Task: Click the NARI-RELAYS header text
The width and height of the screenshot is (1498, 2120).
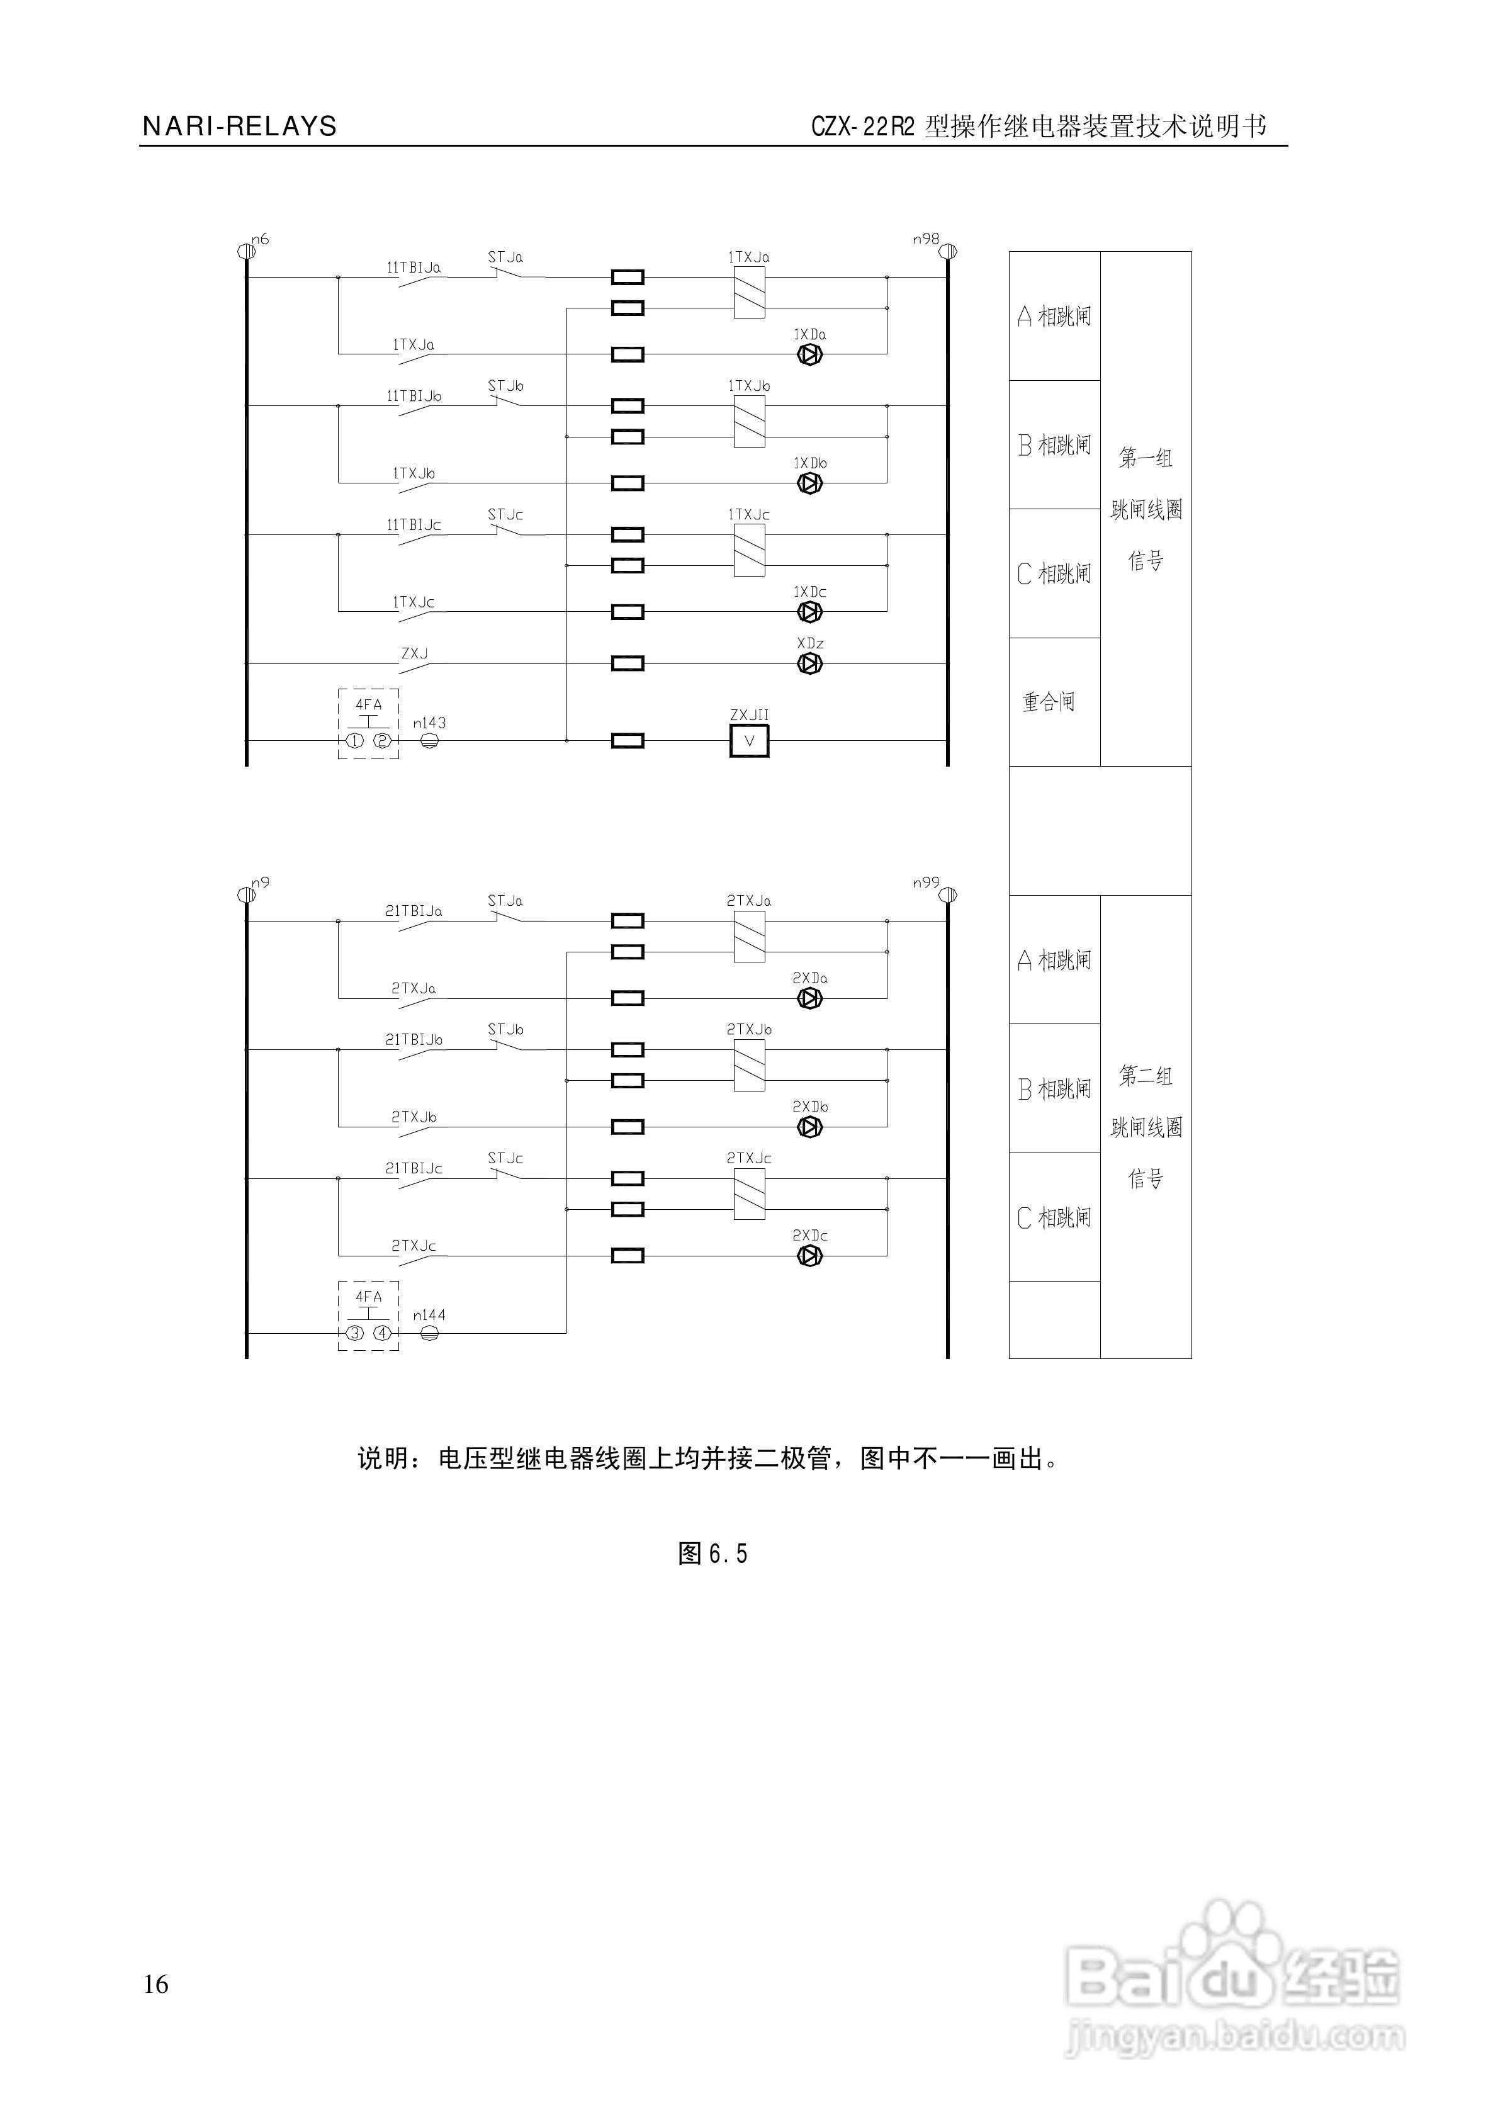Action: tap(239, 127)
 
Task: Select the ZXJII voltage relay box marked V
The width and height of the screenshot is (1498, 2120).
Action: tap(749, 740)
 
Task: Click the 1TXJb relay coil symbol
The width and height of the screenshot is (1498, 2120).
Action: tap(749, 421)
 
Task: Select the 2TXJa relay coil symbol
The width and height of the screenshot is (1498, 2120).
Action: tap(749, 936)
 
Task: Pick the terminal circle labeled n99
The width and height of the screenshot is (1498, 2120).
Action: tap(949, 894)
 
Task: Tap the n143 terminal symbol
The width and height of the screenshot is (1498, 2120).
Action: tap(429, 740)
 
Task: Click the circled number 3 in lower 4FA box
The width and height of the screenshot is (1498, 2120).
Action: tap(354, 1333)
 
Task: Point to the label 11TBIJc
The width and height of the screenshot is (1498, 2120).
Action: tap(413, 524)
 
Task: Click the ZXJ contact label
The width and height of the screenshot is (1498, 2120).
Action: tap(414, 654)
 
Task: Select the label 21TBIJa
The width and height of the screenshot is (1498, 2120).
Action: tap(413, 910)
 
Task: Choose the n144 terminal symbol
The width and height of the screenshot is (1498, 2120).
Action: tap(429, 1333)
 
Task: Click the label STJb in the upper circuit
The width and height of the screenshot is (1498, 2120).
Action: tap(505, 386)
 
